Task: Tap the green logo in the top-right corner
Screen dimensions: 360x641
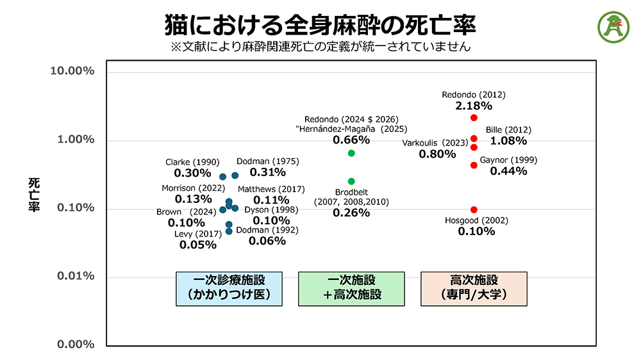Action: point(613,26)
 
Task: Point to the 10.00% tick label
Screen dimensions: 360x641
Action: point(72,70)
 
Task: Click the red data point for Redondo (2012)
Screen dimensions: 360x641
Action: point(474,118)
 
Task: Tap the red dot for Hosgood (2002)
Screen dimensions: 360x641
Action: point(474,210)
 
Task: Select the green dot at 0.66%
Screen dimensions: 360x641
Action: point(351,153)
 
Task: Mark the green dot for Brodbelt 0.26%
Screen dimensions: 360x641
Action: point(351,181)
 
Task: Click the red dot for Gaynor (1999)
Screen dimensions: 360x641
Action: point(474,165)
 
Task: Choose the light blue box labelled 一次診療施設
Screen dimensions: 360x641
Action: point(229,288)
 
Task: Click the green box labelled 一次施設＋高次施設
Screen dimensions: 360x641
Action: point(351,288)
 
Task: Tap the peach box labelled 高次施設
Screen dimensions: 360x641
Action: point(474,288)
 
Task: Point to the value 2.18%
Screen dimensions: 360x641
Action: point(474,106)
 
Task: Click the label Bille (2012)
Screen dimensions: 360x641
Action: point(508,129)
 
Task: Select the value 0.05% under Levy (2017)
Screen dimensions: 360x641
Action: point(197,245)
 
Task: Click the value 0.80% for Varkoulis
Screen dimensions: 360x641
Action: point(438,154)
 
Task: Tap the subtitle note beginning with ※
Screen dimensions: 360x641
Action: point(320,46)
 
